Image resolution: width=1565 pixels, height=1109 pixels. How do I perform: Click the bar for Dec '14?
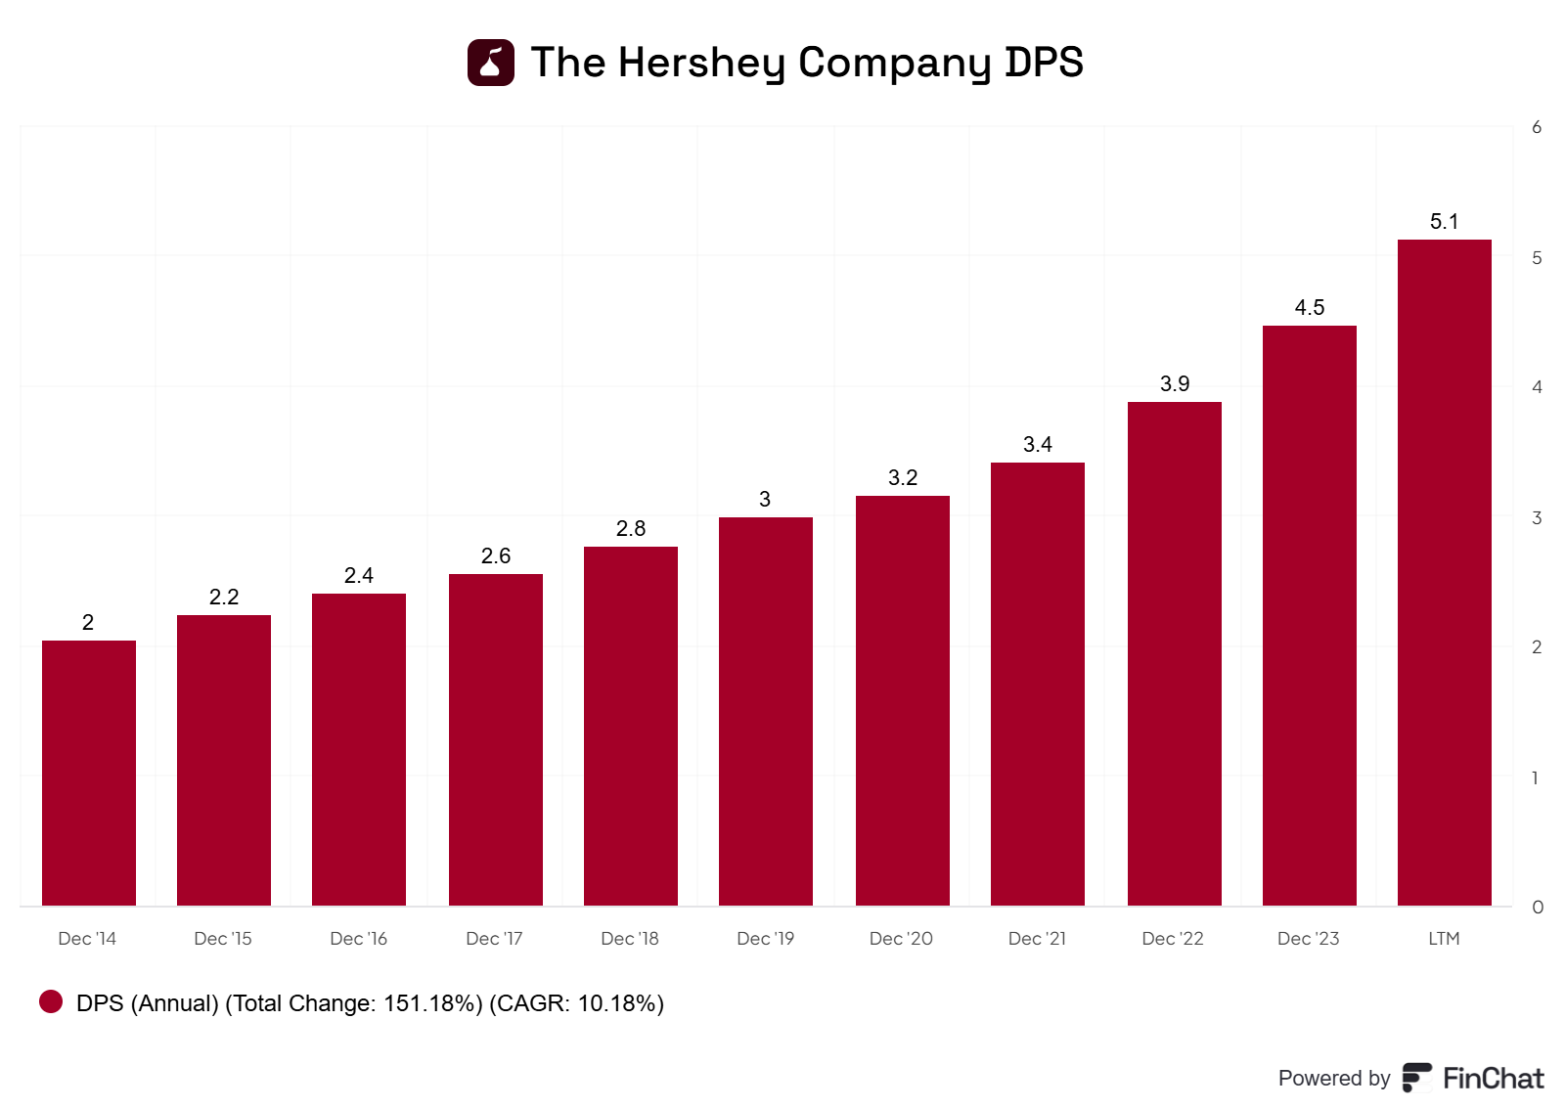(89, 773)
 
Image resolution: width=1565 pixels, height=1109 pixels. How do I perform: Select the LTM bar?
(1444, 572)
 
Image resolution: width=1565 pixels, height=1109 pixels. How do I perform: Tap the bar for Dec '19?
(766, 711)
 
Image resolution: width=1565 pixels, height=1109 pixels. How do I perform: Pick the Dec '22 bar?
(1174, 653)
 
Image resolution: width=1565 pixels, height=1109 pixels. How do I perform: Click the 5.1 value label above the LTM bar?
(1444, 222)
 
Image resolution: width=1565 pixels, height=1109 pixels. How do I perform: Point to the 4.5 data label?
(1309, 308)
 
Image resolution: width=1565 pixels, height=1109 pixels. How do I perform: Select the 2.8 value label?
(631, 529)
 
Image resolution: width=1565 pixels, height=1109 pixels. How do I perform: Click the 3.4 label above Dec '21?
(1037, 445)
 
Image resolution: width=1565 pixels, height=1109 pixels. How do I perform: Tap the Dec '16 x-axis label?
(358, 939)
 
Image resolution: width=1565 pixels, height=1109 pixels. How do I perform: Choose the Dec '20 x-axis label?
(901, 939)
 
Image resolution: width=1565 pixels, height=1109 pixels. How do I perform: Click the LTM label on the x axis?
(1444, 939)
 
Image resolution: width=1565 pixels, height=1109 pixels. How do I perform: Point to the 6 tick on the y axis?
(1537, 127)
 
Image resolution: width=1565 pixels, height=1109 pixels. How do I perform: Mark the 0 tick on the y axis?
(1537, 908)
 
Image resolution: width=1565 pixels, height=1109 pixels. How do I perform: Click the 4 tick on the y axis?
(1537, 387)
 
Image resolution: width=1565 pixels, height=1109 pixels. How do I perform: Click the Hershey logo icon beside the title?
(491, 63)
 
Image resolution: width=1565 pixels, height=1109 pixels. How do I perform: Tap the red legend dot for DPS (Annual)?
(51, 1001)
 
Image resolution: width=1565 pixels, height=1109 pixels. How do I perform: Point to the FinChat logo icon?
(1417, 1078)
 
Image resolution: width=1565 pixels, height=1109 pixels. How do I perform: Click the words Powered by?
(1333, 1078)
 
